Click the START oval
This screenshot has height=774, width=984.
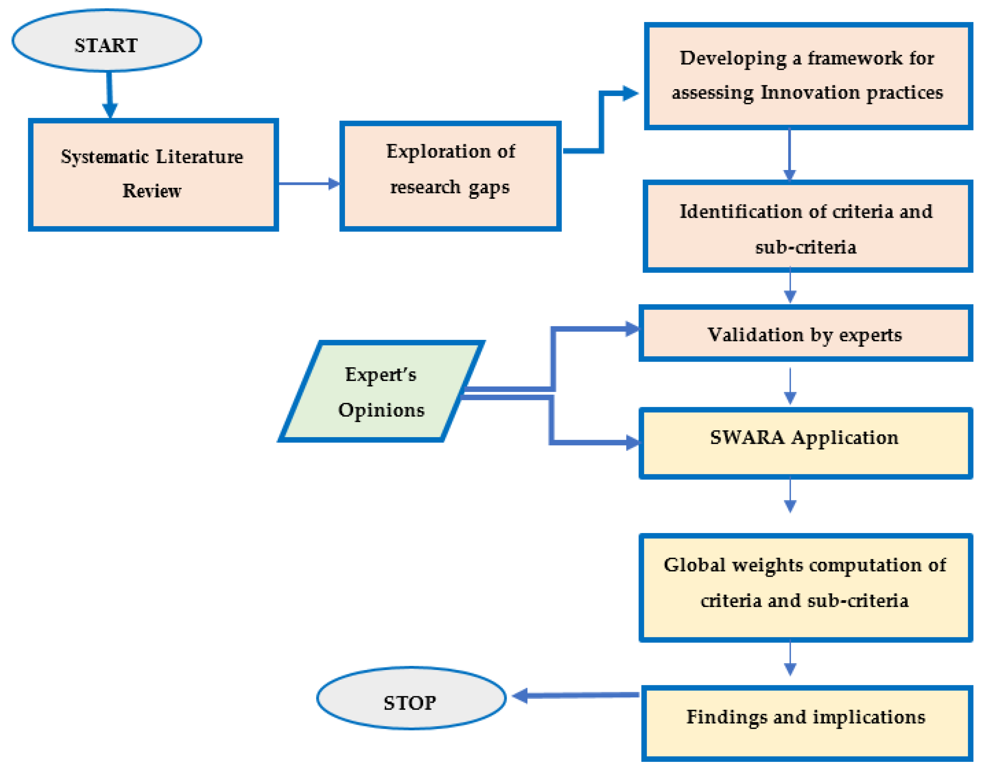point(107,41)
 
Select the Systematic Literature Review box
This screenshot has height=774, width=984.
point(153,175)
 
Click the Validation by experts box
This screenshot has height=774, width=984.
point(805,334)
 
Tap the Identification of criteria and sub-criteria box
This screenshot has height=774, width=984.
point(807,227)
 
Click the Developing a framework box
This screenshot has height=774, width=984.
point(808,76)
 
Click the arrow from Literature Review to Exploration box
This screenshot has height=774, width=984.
point(308,184)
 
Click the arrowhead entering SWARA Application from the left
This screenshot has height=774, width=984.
point(632,443)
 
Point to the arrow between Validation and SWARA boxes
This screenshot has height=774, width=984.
point(790,385)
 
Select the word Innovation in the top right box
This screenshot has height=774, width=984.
point(810,93)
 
